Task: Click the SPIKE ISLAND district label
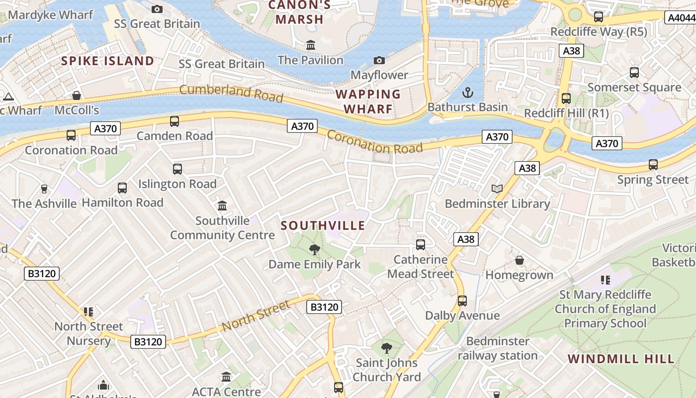click(107, 61)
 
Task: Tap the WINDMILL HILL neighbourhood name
click(621, 359)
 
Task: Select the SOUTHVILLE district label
click(323, 225)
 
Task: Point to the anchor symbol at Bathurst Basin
click(467, 93)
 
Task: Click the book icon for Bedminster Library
click(497, 189)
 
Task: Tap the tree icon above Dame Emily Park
click(314, 249)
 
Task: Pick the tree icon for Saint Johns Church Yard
click(387, 348)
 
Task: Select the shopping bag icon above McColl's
click(77, 95)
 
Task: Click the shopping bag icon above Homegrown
click(520, 260)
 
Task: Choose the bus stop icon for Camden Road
click(174, 121)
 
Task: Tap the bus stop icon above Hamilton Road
click(122, 188)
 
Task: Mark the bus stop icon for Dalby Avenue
click(462, 300)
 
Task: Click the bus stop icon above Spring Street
click(653, 164)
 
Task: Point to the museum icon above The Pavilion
click(311, 45)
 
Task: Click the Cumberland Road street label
click(231, 93)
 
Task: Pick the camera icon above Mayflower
click(379, 60)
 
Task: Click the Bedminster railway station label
click(498, 348)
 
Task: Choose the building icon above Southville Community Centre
click(222, 205)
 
